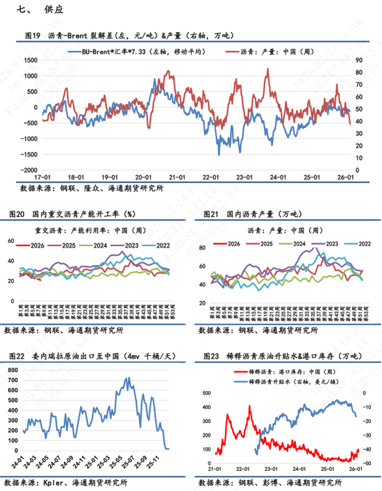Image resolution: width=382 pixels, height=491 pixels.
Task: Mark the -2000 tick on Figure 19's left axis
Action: pos(28,170)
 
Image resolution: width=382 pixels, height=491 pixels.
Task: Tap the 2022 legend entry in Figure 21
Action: pos(345,244)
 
